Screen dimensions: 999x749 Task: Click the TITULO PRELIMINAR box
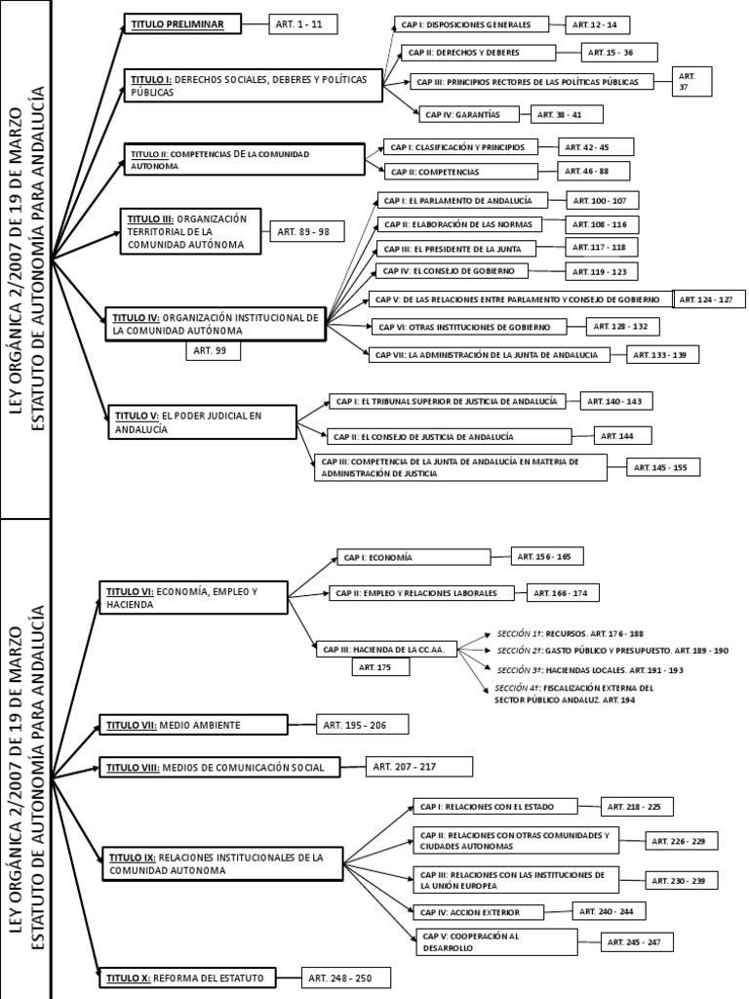click(181, 23)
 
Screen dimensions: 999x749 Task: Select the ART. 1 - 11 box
click(303, 25)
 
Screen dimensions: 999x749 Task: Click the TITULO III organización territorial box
click(191, 232)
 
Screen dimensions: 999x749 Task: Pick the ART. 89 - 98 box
click(303, 232)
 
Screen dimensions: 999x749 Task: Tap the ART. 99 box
click(213, 350)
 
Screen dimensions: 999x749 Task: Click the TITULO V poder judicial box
click(201, 421)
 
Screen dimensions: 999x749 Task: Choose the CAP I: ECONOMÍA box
click(414, 557)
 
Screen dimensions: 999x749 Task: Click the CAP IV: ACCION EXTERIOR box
click(480, 912)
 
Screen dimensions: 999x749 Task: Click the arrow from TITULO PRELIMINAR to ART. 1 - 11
click(254, 24)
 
